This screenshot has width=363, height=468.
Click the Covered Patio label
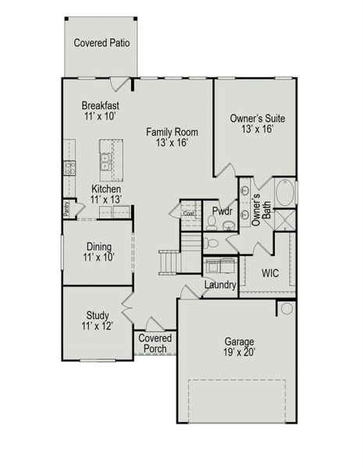coord(101,43)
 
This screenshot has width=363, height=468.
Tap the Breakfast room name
coord(101,105)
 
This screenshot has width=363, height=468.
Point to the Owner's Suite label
coord(257,119)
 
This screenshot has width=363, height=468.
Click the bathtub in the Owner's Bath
coord(283,192)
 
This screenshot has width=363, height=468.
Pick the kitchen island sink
coord(105,162)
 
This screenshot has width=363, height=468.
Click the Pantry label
coord(67,208)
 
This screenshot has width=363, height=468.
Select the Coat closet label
coord(189,212)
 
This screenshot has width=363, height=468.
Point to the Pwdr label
coord(222,210)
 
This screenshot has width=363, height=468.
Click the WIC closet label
coord(270,273)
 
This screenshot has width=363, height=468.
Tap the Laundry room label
coord(220,285)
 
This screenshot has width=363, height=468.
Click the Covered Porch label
coord(155,343)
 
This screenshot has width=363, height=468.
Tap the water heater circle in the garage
coord(286,309)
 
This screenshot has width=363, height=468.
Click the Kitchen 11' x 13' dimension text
coord(105,200)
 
